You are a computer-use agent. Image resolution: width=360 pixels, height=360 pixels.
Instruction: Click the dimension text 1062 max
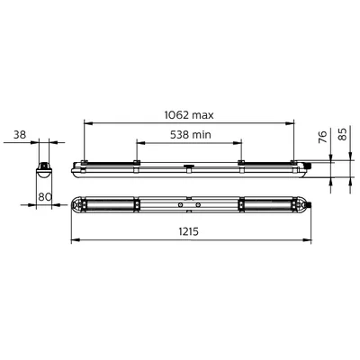click(x=188, y=116)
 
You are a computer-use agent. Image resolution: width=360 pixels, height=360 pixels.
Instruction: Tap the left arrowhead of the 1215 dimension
click(x=74, y=241)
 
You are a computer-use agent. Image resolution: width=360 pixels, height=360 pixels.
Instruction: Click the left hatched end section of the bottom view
click(x=109, y=204)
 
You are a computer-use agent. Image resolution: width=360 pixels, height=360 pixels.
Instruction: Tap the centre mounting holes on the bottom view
click(x=188, y=204)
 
